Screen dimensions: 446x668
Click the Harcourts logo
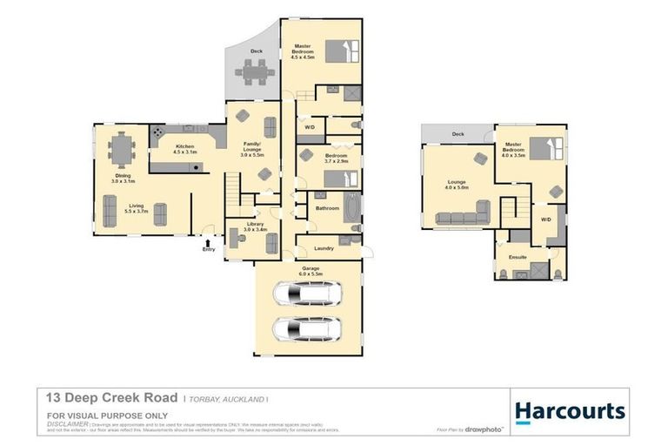(569, 411)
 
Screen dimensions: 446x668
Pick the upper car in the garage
(308, 294)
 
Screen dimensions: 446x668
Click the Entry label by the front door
(208, 250)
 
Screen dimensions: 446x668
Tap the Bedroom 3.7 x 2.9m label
(311, 158)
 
